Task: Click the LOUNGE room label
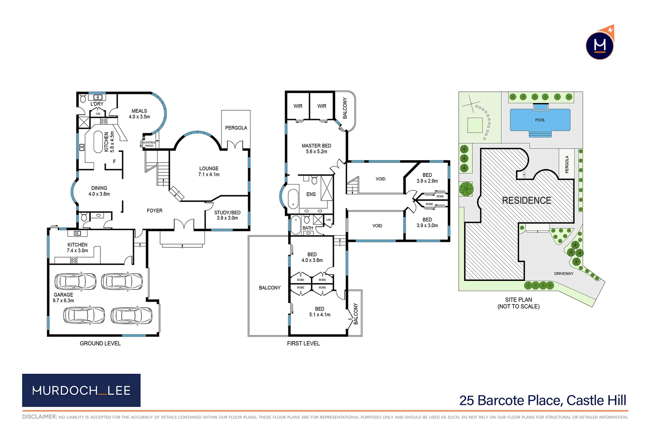208,171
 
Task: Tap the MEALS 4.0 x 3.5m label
139,114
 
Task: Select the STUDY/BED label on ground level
227,215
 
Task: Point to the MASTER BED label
316,148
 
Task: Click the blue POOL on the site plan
540,120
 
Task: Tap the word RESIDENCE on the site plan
526,200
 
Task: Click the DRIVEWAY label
563,273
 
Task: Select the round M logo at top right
600,45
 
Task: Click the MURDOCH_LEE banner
81,390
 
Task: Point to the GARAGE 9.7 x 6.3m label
63,298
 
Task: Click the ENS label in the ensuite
311,194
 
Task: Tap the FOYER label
154,211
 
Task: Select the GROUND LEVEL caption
100,343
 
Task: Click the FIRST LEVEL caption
303,343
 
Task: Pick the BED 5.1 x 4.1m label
319,311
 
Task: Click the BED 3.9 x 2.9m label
427,178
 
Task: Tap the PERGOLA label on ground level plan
236,128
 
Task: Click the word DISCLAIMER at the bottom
40,417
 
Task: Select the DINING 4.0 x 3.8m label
99,191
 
